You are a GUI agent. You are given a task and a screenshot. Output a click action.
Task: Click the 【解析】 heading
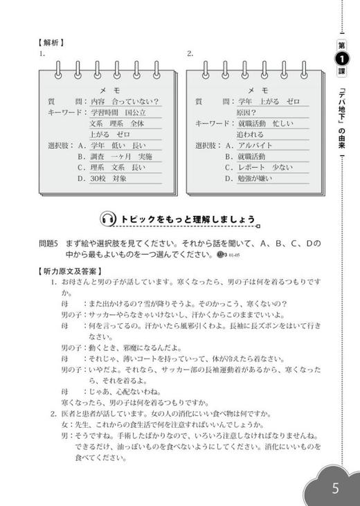pos(52,41)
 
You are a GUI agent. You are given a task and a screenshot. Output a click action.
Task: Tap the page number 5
pos(335,487)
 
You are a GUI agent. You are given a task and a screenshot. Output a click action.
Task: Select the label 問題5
pos(51,244)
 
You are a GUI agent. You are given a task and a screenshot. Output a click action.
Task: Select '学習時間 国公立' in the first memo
pos(118,112)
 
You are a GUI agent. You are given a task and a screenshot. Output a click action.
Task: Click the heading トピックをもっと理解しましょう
pos(188,219)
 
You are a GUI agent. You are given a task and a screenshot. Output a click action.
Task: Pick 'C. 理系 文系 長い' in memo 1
pos(111,167)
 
